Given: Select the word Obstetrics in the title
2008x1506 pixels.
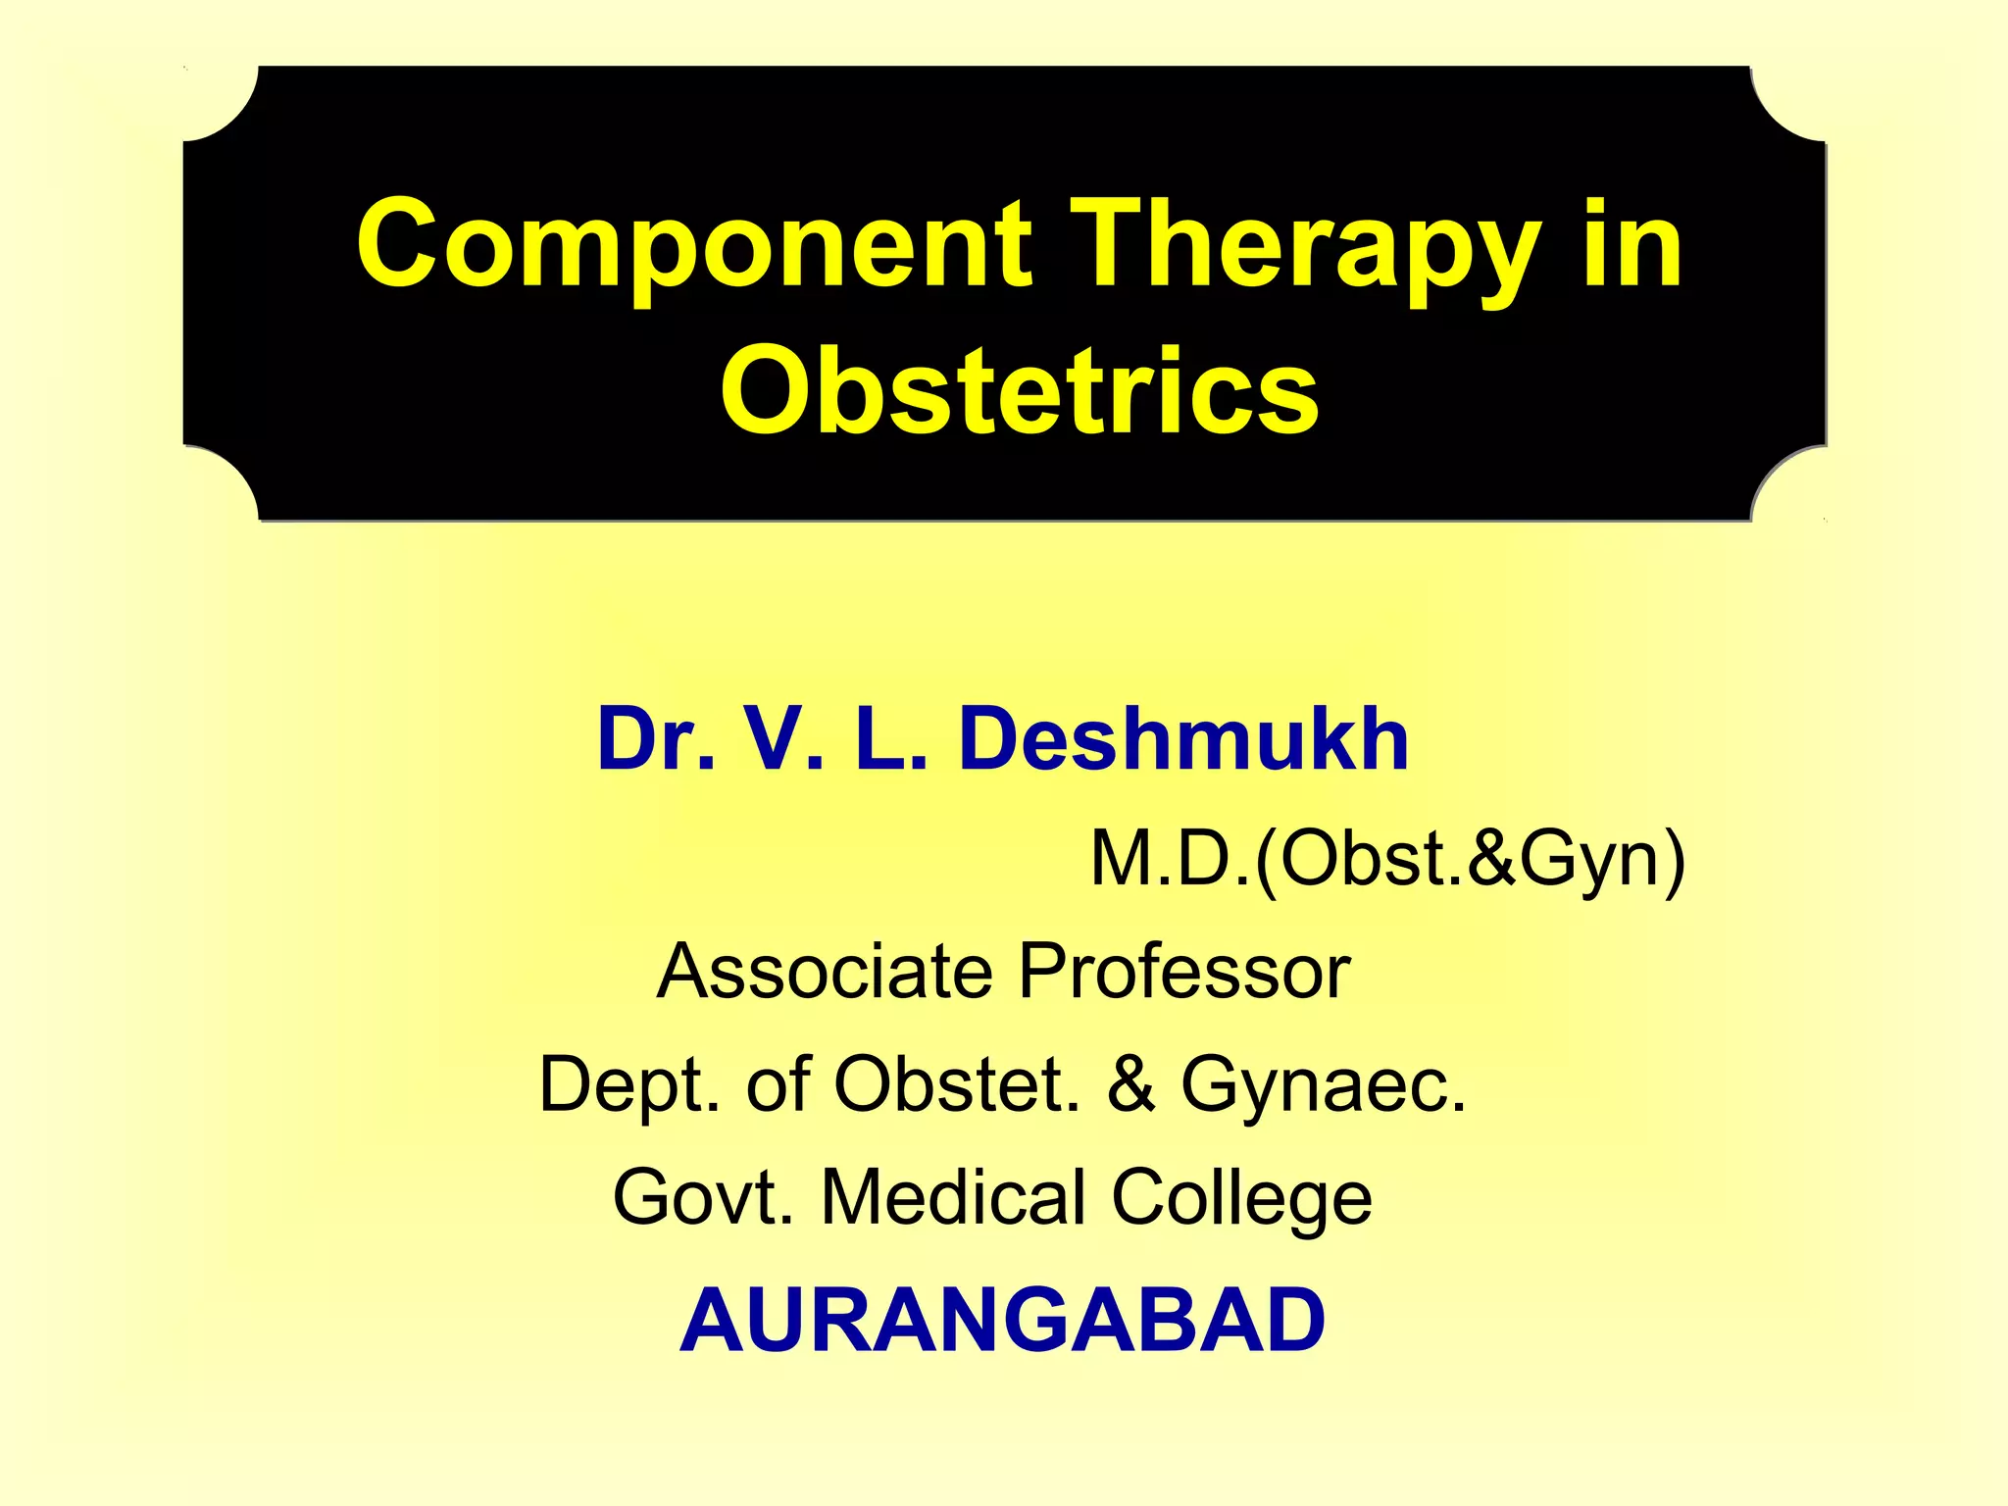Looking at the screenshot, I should point(1020,390).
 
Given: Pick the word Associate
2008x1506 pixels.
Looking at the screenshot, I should point(826,971).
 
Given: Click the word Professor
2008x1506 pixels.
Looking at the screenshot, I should point(1184,971).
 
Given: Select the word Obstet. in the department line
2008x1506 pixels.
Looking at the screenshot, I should point(957,1084).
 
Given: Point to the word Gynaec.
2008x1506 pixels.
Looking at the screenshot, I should point(1324,1084).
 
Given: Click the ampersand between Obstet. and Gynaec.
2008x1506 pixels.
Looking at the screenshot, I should point(1131,1084).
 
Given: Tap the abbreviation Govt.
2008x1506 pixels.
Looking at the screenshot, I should point(703,1197).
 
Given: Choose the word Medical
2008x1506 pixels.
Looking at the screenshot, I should point(953,1197).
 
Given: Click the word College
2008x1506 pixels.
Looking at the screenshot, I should point(1241,1199).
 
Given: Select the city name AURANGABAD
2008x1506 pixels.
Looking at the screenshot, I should point(1002,1320).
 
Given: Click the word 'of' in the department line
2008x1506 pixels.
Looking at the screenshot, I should point(778,1084).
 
